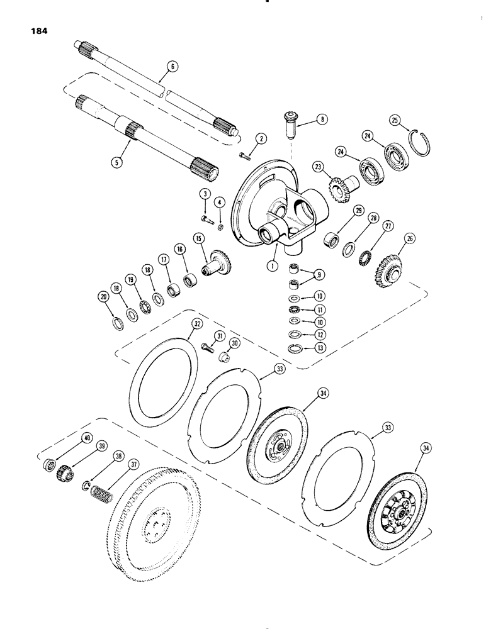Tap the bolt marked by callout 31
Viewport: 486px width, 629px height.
tap(206, 347)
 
